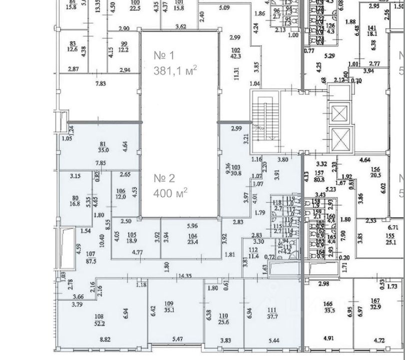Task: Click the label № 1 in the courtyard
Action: [164, 55]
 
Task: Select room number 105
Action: [132, 235]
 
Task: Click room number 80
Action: [76, 183]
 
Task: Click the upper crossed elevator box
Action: [339, 114]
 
